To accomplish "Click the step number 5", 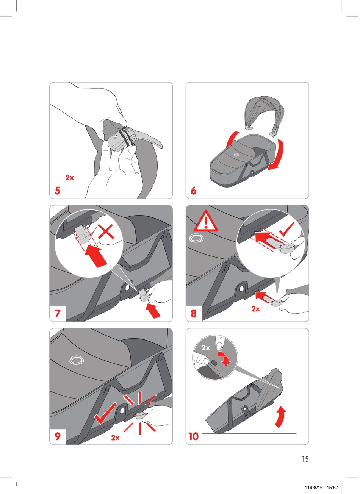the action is click(58, 191).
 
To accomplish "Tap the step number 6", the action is click(194, 191).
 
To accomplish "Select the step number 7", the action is click(58, 313).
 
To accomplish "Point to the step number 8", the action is click(194, 313).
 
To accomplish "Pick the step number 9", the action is click(58, 436).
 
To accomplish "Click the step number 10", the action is click(194, 436).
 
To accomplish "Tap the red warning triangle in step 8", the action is click(206, 222).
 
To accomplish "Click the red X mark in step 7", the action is click(106, 231).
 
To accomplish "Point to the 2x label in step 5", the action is click(70, 178).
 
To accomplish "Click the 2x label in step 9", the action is click(115, 438).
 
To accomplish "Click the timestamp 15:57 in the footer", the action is click(332, 481).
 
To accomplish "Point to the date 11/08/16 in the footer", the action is click(314, 481).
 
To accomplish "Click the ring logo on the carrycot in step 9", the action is click(77, 360).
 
